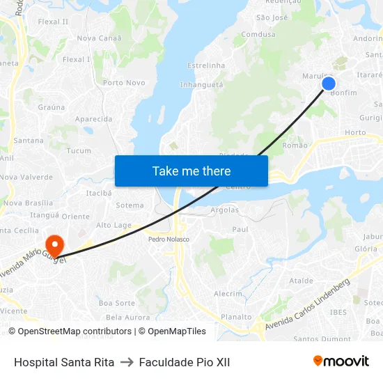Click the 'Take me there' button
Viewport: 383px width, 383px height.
[191, 171]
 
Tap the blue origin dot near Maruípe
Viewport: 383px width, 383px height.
[329, 84]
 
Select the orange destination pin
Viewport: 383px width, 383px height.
[54, 244]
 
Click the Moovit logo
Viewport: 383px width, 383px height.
[341, 361]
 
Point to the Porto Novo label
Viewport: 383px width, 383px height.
[124, 83]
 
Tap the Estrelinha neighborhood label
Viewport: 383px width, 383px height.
[206, 65]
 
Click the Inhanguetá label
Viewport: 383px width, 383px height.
[201, 85]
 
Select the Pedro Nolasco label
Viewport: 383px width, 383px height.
[169, 239]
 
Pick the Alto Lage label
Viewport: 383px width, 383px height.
[114, 225]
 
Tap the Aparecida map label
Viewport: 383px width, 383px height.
[93, 119]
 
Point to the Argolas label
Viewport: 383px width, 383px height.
[224, 210]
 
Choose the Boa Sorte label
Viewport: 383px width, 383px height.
[116, 303]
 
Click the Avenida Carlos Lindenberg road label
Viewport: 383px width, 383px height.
[306, 304]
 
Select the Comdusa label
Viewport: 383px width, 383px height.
[258, 34]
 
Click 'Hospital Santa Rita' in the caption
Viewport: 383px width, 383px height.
[64, 362]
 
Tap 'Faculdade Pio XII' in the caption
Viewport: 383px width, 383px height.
[184, 362]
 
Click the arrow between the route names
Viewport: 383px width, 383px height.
[127, 362]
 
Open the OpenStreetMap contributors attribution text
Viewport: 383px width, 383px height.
[75, 331]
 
